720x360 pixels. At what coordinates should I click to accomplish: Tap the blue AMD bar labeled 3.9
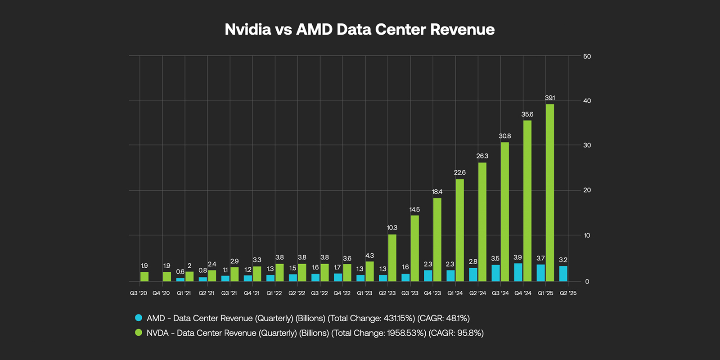click(x=518, y=272)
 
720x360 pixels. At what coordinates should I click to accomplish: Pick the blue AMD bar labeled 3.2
click(x=563, y=274)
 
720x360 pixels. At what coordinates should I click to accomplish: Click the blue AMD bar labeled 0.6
click(x=180, y=279)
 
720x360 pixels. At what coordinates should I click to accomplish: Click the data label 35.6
click(x=527, y=114)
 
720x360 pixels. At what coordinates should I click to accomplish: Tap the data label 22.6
click(x=459, y=172)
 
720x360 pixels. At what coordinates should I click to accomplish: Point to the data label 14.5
click(x=414, y=210)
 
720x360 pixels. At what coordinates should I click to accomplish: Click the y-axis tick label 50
click(x=587, y=57)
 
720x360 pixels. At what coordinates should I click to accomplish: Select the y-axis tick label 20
click(x=587, y=190)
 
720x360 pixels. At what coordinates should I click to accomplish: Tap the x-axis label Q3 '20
click(x=139, y=293)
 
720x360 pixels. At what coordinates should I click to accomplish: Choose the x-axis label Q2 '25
click(x=568, y=293)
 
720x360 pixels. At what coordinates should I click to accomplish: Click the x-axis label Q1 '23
click(x=364, y=293)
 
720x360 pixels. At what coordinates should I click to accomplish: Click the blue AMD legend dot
click(x=139, y=318)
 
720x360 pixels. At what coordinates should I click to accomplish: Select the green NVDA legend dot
click(x=139, y=333)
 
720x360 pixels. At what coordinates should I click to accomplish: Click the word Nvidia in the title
click(x=248, y=30)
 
